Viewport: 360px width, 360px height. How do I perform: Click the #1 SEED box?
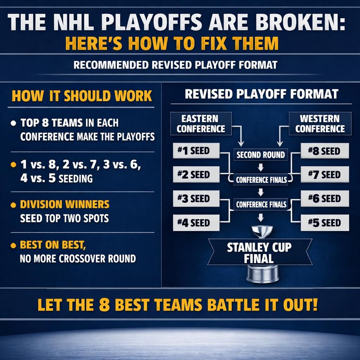tap(196, 151)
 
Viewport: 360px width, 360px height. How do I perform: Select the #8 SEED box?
tap(325, 151)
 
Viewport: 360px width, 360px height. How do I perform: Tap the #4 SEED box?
tap(196, 223)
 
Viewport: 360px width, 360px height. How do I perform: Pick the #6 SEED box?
tap(325, 199)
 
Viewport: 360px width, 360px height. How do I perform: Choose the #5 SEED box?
tap(325, 223)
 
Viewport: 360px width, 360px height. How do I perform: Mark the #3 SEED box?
tap(196, 199)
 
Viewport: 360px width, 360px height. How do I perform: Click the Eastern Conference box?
tap(201, 124)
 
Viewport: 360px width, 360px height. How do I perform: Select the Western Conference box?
tap(320, 124)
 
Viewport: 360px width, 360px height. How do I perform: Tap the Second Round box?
tap(261, 155)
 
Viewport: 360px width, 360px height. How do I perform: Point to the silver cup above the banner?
tap(262, 231)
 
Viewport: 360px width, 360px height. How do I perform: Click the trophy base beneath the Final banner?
tap(262, 274)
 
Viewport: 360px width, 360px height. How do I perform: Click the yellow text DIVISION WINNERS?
tap(65, 204)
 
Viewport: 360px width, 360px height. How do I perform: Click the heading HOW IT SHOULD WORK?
tap(82, 96)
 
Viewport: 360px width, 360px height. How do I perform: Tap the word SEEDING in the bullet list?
tap(76, 178)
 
